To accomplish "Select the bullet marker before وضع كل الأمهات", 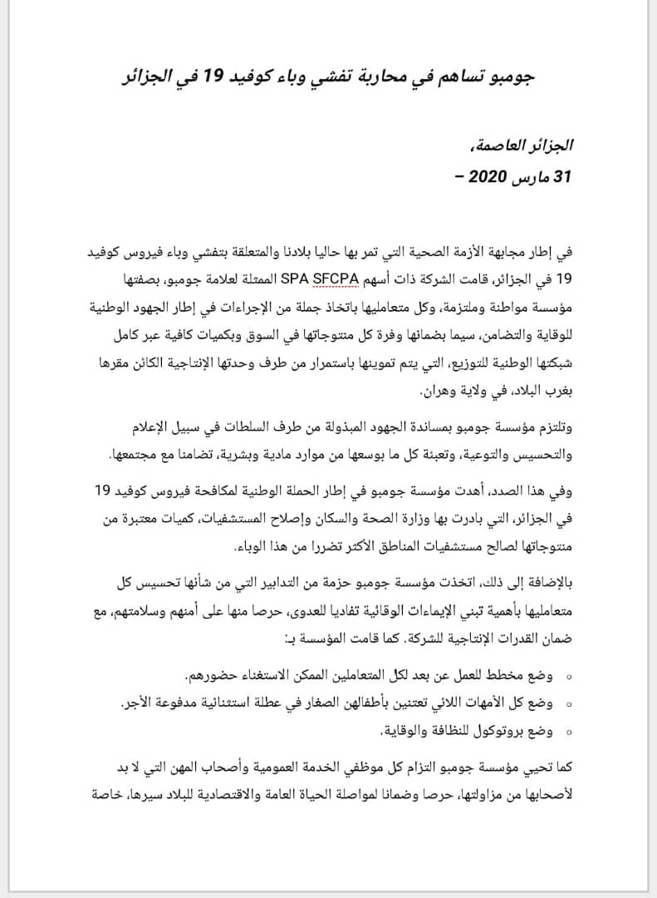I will click(568, 703).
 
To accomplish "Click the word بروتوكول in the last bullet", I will click(495, 732).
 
